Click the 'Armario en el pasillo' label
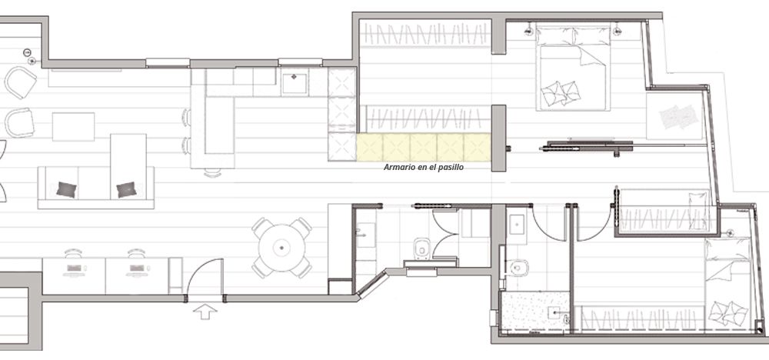click(x=423, y=167)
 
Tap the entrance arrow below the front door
click(x=205, y=311)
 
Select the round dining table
click(x=281, y=248)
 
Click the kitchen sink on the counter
click(x=295, y=82)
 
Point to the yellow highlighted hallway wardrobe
click(x=423, y=147)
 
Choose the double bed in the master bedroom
click(x=573, y=68)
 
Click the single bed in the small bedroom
click(x=727, y=282)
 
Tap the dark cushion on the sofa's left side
click(x=66, y=189)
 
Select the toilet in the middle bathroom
click(x=421, y=248)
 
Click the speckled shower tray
click(x=534, y=312)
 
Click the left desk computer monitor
click(x=74, y=268)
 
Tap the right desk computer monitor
click(x=137, y=268)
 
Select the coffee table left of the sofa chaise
click(x=74, y=127)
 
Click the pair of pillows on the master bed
click(x=560, y=93)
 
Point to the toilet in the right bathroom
click(x=518, y=267)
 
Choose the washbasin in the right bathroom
click(x=517, y=226)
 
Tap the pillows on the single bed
click(x=727, y=313)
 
